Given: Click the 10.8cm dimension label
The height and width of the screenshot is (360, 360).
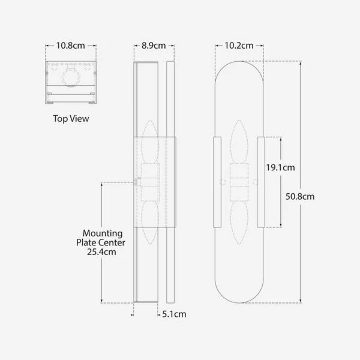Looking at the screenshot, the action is tap(70, 46).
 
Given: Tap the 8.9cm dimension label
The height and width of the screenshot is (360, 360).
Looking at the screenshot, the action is tap(154, 46).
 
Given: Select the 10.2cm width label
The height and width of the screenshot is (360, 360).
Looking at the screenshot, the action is tap(239, 46).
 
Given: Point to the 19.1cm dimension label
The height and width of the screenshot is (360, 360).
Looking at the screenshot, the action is tap(280, 167).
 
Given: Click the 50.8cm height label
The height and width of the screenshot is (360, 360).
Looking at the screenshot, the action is tap(300, 196).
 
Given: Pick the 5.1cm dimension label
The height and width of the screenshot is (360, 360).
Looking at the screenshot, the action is tap(174, 314).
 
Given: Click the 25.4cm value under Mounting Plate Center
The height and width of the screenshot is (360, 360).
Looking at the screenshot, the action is tap(101, 252).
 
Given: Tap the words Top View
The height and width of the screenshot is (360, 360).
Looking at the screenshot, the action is tap(71, 119).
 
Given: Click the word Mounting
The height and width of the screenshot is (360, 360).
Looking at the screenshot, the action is tap(103, 233).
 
